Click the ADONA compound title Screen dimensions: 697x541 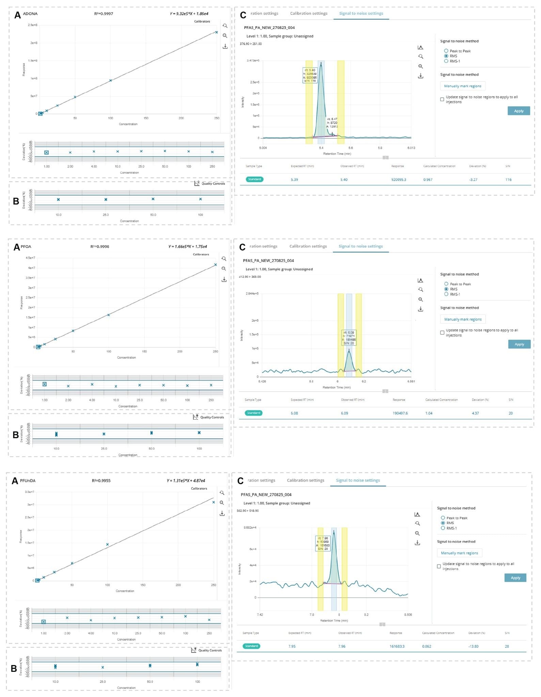pyautogui.click(x=30, y=14)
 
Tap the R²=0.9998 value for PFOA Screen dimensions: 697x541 pyautogui.click(x=100, y=246)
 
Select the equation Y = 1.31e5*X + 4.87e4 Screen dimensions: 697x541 pyautogui.click(x=186, y=481)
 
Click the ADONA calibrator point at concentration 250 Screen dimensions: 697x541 pyautogui.click(x=217, y=32)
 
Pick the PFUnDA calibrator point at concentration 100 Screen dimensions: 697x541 pyautogui.click(x=107, y=544)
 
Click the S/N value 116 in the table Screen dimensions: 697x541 pyautogui.click(x=508, y=179)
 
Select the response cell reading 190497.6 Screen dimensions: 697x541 pyautogui.click(x=400, y=413)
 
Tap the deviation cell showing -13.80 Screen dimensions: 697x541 pyautogui.click(x=473, y=646)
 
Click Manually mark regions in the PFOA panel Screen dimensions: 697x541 pyautogui.click(x=463, y=319)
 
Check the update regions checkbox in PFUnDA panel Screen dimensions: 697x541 pyautogui.click(x=439, y=566)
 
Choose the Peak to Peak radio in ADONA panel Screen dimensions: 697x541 pyautogui.click(x=446, y=51)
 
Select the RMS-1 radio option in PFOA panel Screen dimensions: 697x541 pyautogui.click(x=446, y=294)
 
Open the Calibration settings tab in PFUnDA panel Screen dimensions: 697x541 pyautogui.click(x=305, y=480)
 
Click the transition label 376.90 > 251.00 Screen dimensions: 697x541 pyautogui.click(x=251, y=44)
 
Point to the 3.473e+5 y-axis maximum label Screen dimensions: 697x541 pyautogui.click(x=253, y=61)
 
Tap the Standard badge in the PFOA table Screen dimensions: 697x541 pyautogui.click(x=254, y=413)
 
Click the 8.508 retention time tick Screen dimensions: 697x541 pyautogui.click(x=408, y=615)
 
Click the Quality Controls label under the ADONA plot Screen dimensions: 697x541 pyautogui.click(x=213, y=183)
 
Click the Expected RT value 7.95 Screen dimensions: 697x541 pyautogui.click(x=292, y=646)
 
